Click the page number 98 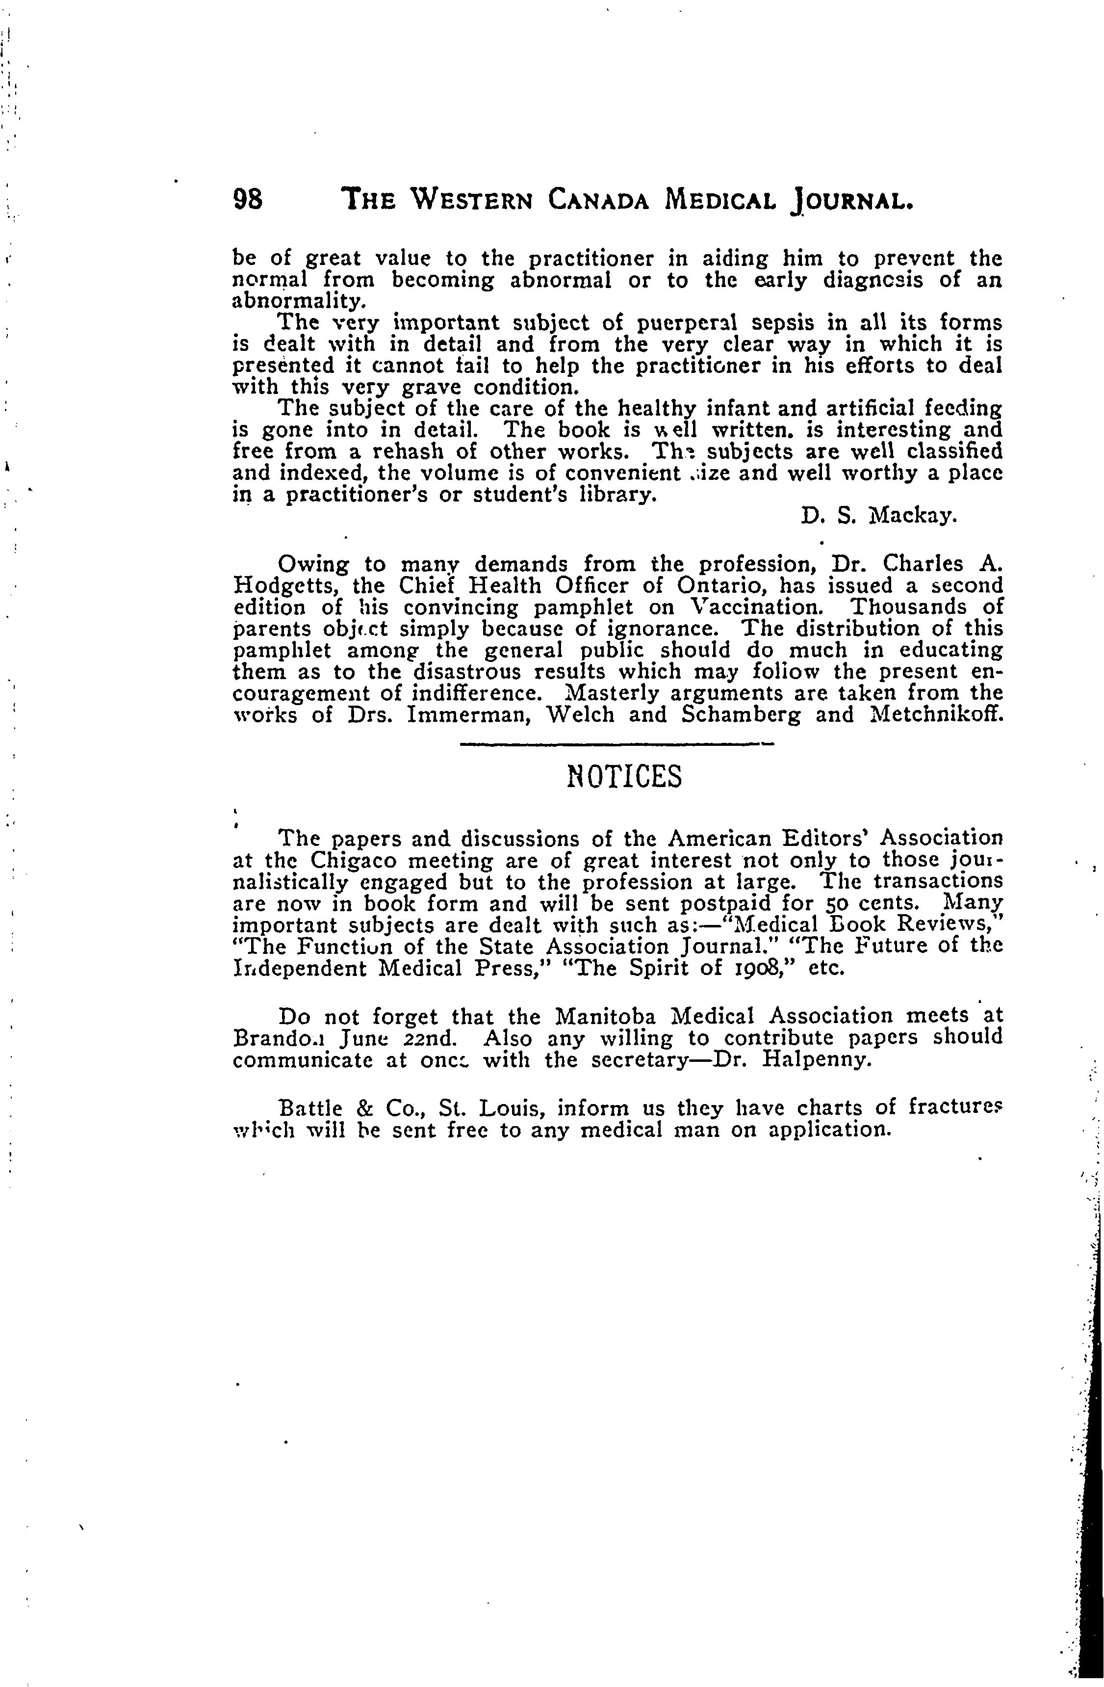click(248, 201)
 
